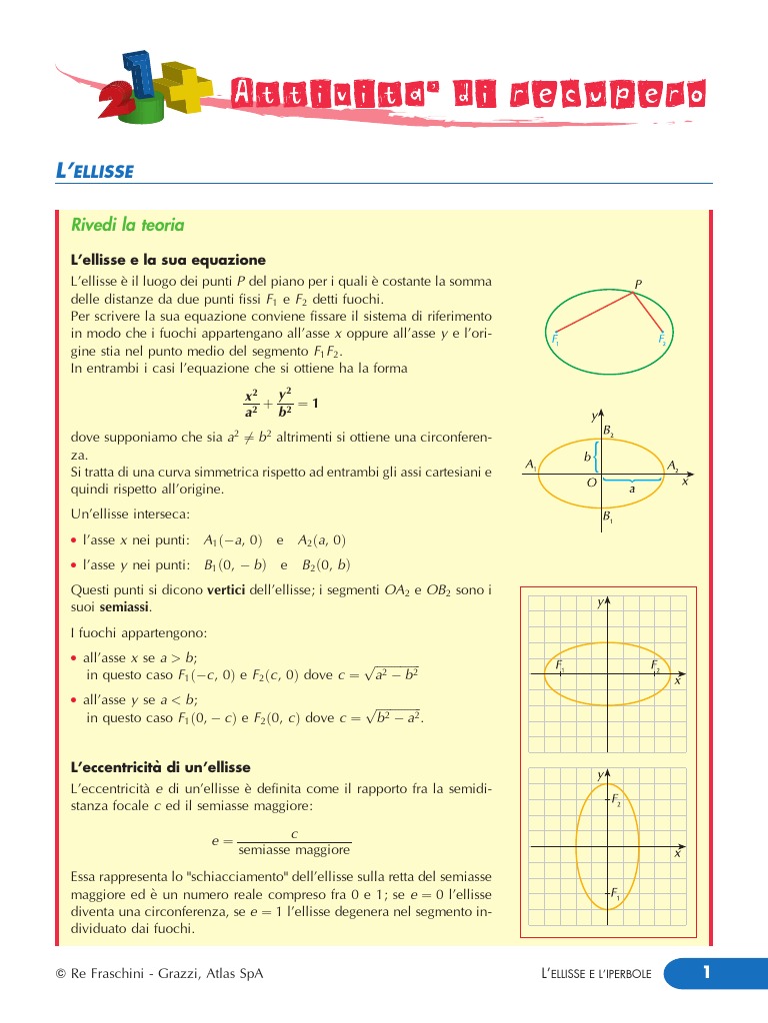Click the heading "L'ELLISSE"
point(94,171)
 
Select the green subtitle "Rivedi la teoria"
point(127,225)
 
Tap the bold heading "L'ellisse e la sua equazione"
point(168,260)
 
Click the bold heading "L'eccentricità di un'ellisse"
point(160,767)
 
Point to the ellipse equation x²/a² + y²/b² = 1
point(281,403)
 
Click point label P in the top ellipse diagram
point(638,285)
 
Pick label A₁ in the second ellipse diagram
point(531,466)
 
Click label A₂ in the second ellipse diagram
point(673,467)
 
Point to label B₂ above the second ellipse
point(608,431)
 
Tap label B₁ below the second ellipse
point(608,517)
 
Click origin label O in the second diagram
point(592,483)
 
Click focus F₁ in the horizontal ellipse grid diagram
point(560,665)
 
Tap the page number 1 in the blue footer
point(705,972)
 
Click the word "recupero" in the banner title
point(607,95)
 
